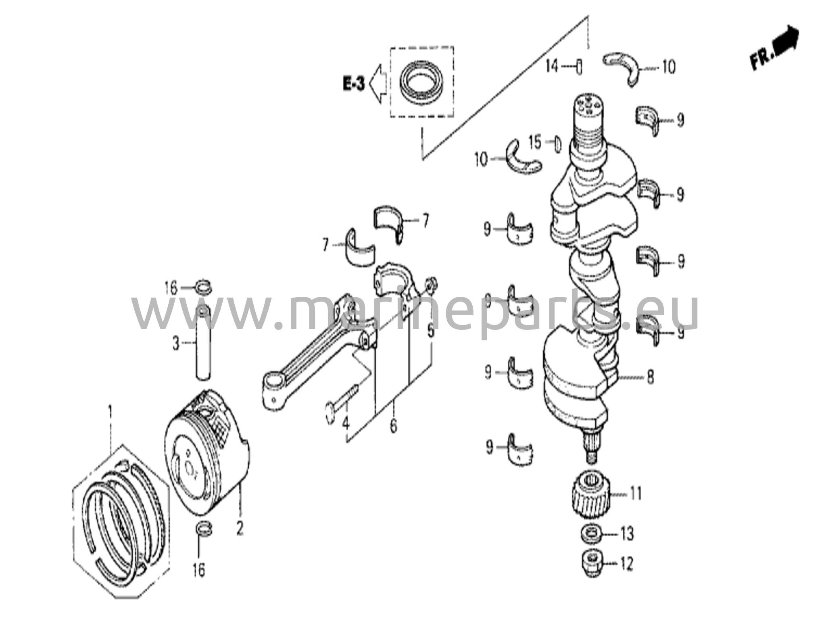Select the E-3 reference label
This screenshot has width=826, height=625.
(x=354, y=84)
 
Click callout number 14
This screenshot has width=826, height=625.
(x=551, y=66)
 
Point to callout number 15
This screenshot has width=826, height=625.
(x=535, y=142)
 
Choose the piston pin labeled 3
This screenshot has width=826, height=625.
(x=203, y=342)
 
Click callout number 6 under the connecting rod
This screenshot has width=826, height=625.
(x=394, y=426)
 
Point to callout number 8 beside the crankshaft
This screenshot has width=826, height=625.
(x=650, y=377)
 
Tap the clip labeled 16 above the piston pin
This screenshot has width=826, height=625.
(x=204, y=288)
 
